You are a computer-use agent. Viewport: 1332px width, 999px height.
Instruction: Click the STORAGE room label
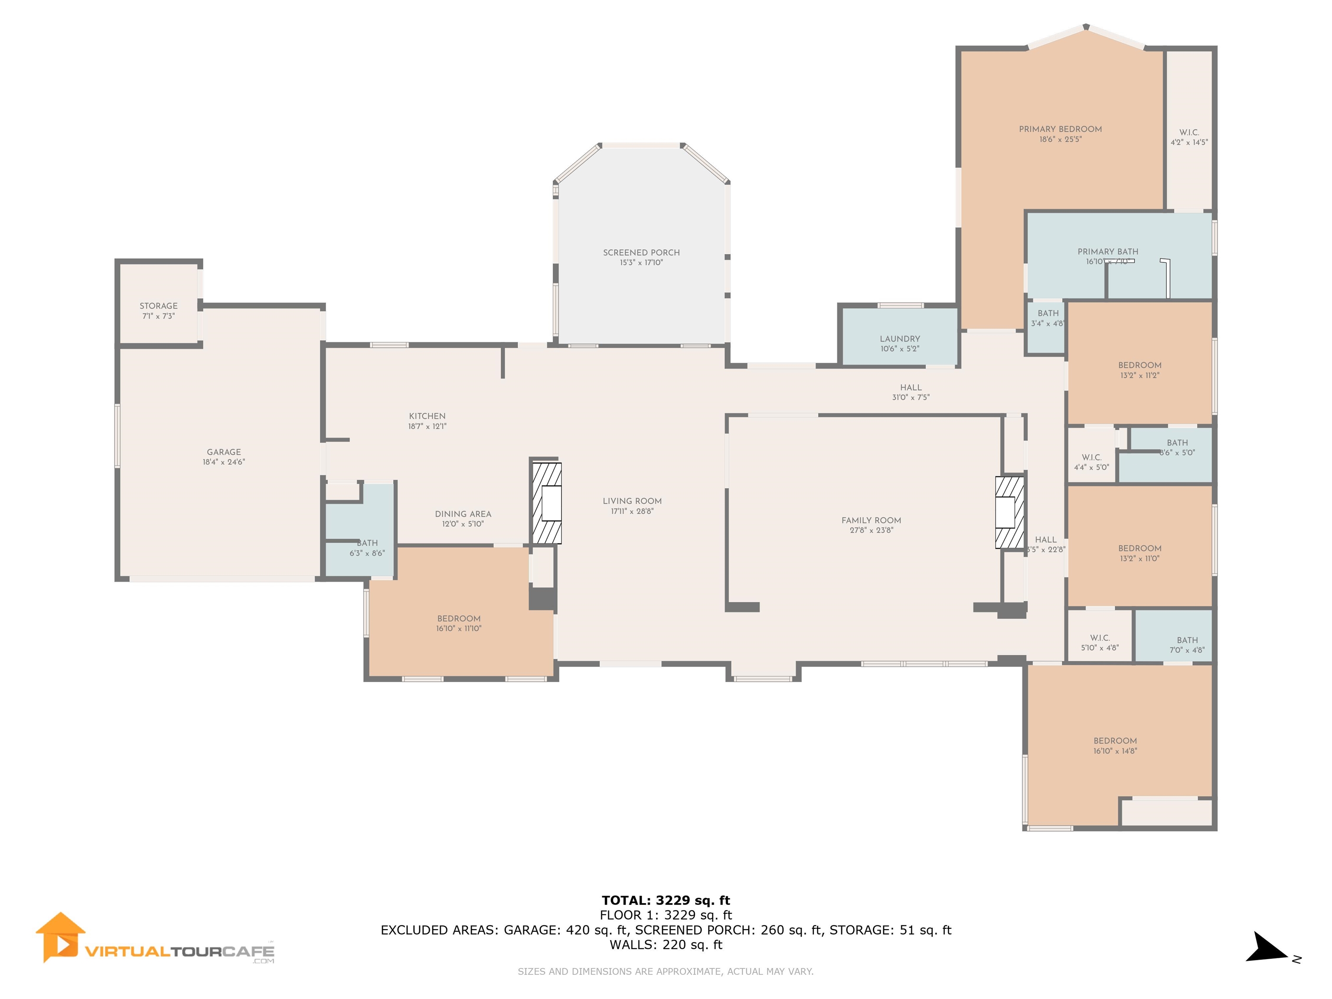pyautogui.click(x=158, y=306)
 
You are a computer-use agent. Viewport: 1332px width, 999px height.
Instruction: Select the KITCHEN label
pyautogui.click(x=427, y=416)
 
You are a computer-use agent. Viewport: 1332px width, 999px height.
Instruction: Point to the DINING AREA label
pyautogui.click(x=463, y=514)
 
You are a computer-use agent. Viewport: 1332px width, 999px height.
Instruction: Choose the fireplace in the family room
pyautogui.click(x=1009, y=513)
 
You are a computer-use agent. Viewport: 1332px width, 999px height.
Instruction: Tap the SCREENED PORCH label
pyautogui.click(x=641, y=252)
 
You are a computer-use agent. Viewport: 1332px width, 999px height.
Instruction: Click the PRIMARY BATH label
pyautogui.click(x=1107, y=252)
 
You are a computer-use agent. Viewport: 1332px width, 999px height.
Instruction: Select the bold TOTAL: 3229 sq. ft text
pyautogui.click(x=666, y=900)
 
